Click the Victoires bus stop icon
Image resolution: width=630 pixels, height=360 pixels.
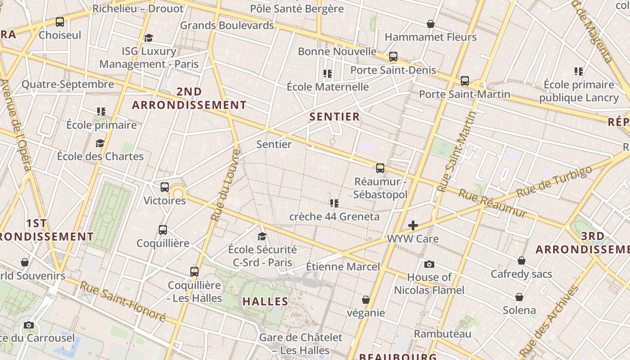tap(165, 187)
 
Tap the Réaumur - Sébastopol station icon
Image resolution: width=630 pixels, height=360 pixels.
tap(380, 168)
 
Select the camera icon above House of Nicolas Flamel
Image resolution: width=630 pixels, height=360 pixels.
tap(429, 264)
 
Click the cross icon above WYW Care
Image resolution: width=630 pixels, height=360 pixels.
tap(413, 225)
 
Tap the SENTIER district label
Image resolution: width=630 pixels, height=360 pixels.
tap(335, 117)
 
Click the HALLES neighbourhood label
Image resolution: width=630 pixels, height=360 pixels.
tap(265, 301)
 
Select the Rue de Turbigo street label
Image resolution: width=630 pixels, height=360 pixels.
tap(554, 181)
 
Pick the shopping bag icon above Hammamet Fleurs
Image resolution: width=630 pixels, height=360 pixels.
tap(431, 23)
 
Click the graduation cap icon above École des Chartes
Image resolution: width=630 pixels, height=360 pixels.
tap(100, 143)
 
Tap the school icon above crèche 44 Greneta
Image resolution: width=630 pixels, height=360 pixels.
tap(334, 203)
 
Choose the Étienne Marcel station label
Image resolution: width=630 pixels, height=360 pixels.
tap(343, 266)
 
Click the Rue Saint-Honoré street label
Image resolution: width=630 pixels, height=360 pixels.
tap(123, 301)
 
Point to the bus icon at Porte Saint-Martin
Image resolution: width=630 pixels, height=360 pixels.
tap(465, 81)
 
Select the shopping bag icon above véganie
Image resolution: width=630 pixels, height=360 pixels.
tap(366, 300)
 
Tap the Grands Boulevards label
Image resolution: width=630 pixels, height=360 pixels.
tap(227, 25)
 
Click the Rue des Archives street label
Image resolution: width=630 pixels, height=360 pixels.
tap(549, 321)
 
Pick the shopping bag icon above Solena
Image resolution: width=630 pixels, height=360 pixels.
tap(519, 297)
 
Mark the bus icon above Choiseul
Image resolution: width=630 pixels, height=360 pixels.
tap(60, 22)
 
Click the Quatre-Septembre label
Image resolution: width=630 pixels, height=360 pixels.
tap(68, 84)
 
